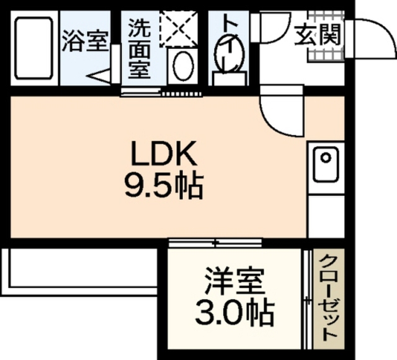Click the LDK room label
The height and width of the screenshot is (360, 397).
[164, 153]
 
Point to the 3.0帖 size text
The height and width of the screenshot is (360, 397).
[234, 313]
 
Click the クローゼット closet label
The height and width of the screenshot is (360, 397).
[329, 298]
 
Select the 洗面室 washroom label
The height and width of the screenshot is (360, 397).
[140, 48]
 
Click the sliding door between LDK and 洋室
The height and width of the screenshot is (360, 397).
[215, 242]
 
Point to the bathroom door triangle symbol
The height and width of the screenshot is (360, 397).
[100, 76]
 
